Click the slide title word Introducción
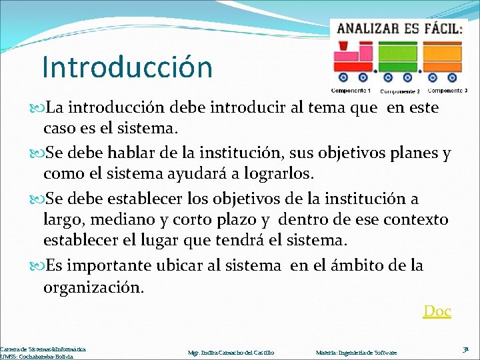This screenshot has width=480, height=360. (x=127, y=67)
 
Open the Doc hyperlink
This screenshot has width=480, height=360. (x=437, y=311)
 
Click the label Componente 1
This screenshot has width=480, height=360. (x=351, y=90)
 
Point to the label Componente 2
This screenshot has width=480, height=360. (x=399, y=91)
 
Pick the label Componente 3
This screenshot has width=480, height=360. (x=447, y=90)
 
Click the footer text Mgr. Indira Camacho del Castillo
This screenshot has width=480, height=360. (x=231, y=352)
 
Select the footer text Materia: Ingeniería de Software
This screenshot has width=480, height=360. (x=356, y=352)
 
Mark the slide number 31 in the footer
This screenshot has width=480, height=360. (x=465, y=349)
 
